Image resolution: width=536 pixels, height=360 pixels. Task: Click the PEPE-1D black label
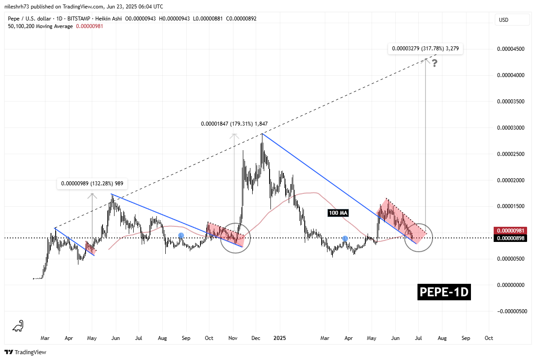coord(444,292)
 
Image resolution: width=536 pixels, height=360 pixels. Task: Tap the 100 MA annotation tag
coord(338,213)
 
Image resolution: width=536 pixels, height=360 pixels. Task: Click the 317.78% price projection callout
coord(425,48)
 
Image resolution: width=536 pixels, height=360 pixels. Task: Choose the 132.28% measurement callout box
coord(92,183)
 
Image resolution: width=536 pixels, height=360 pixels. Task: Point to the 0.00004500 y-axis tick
coord(510,49)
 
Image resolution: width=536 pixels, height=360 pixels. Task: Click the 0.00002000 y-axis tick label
coord(510,180)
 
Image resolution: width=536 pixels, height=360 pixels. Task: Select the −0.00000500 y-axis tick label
coord(509,311)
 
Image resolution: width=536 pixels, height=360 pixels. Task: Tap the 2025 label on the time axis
coord(279,338)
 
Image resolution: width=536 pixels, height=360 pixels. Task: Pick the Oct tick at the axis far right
coord(488,338)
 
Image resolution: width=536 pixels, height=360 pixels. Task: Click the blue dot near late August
coord(181,235)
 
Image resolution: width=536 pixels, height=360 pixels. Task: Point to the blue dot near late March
coord(345,239)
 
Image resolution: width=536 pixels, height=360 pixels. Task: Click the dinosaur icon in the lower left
coord(18,326)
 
